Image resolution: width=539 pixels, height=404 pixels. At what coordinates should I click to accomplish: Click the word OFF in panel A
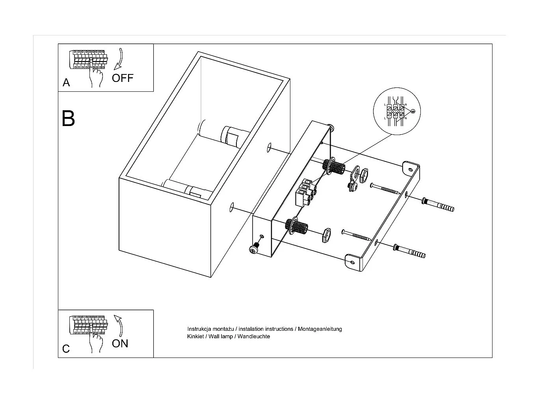pos(123,78)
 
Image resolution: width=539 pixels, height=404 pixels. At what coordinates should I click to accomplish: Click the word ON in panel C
pos(120,343)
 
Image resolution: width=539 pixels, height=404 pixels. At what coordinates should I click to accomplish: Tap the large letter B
pos(68,118)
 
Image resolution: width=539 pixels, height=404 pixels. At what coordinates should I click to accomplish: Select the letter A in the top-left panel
pos(66,83)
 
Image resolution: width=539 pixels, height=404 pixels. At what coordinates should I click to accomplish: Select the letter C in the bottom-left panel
pos(66,349)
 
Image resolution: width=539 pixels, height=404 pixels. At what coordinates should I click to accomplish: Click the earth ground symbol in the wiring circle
pos(413,111)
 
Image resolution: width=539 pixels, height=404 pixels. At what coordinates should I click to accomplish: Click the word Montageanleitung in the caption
pos(320,329)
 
